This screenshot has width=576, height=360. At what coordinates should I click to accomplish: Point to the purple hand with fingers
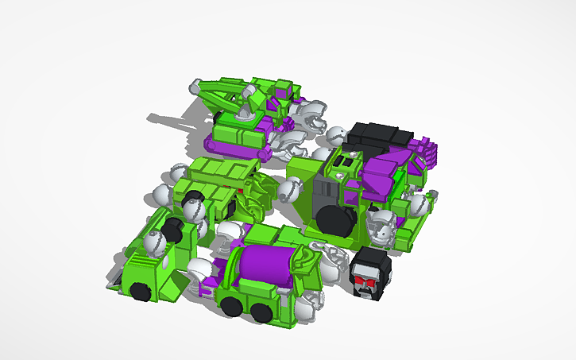pyautogui.click(x=424, y=150)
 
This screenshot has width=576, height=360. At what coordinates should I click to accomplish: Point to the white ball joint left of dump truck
pyautogui.click(x=162, y=195)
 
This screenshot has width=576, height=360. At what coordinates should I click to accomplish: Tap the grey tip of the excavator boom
pyautogui.click(x=195, y=88)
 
